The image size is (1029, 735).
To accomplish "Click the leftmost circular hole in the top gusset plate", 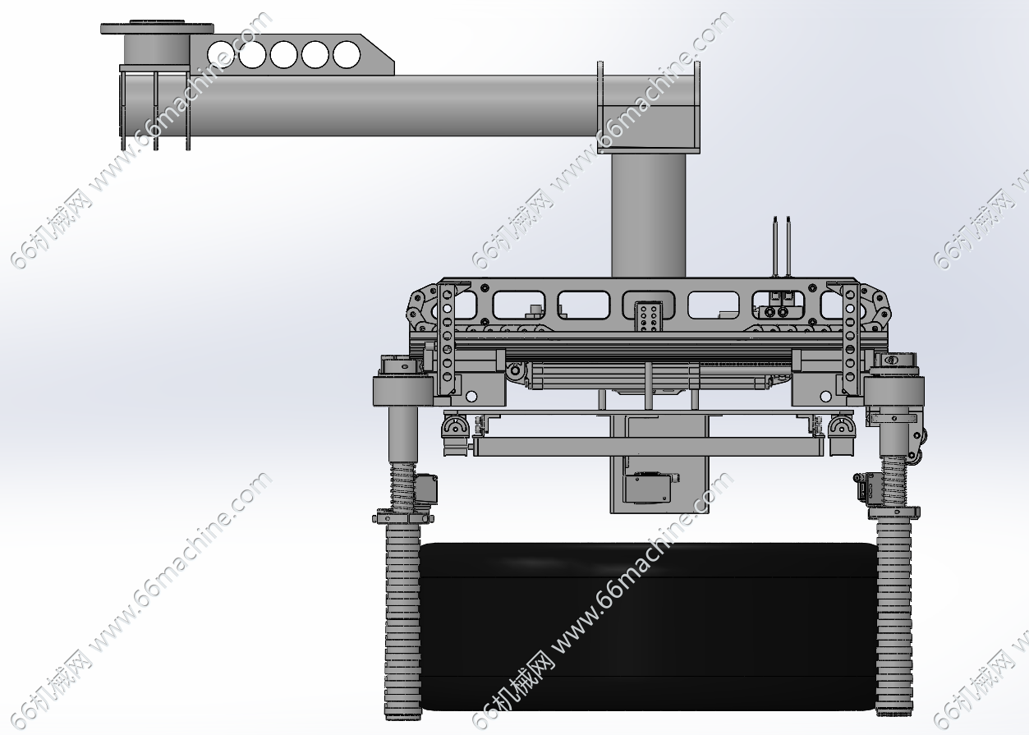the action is (x=221, y=54).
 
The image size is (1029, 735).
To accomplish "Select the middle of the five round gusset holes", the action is (x=283, y=54).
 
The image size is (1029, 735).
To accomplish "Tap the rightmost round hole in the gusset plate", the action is (x=347, y=54).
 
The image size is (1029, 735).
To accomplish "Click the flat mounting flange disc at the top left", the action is (x=157, y=28).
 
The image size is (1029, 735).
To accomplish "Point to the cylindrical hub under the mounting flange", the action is (x=157, y=49).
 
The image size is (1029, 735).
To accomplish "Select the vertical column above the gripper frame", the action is (x=648, y=215).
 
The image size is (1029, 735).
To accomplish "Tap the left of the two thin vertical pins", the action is (x=775, y=246).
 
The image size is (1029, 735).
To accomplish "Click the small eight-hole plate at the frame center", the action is (x=648, y=316).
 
